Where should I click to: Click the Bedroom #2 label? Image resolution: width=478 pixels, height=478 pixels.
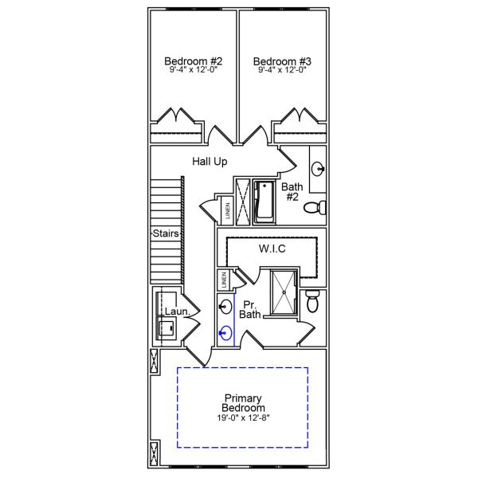pos(194,61)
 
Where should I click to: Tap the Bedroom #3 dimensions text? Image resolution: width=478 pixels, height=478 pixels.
pos(282,70)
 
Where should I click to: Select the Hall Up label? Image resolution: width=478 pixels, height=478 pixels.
pos(210,161)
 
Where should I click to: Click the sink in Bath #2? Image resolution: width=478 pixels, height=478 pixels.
pos(318,169)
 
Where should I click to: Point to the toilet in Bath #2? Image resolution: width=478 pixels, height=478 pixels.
pos(315,208)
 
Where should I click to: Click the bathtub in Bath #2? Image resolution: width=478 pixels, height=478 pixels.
pos(264,202)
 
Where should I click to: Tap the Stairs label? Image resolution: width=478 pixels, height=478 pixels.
pos(166,233)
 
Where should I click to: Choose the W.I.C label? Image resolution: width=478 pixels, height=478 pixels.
pos(272,249)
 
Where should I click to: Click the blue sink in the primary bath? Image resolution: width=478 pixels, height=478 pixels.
pos(225,332)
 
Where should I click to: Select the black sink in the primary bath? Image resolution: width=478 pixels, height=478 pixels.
pos(225,307)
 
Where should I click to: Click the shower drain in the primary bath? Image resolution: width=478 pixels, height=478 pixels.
pos(284,292)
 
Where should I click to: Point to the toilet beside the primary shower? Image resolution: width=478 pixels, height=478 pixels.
pos(312,301)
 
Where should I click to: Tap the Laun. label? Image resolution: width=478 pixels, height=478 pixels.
pos(178,311)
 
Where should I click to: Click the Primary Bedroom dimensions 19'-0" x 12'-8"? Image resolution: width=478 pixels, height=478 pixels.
pos(243,417)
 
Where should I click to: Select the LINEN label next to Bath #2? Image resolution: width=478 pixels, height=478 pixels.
pos(228,210)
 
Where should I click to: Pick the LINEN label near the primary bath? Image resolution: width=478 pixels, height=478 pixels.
pos(224,280)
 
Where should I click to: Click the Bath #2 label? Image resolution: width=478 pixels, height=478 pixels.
pos(292,191)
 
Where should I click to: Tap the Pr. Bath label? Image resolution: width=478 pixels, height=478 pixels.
pos(250,309)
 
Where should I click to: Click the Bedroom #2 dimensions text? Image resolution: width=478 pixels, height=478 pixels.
pos(194,70)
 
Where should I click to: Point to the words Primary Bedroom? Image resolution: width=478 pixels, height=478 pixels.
pos(243,402)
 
